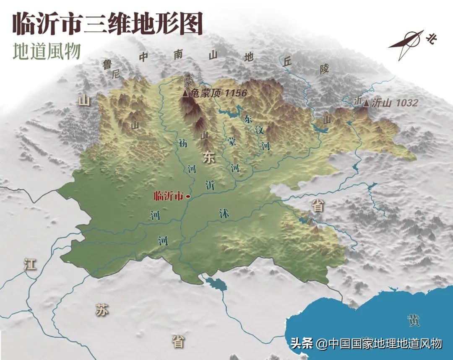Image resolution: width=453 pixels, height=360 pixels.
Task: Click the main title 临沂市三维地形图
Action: (x=107, y=23)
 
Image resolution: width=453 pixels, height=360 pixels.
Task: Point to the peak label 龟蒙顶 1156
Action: (x=219, y=93)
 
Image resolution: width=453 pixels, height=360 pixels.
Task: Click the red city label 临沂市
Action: (x=169, y=196)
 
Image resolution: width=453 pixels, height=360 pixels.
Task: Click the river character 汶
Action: (x=260, y=130)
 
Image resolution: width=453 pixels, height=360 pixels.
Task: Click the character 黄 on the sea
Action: (x=413, y=321)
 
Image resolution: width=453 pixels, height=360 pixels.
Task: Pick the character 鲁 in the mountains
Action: (x=107, y=64)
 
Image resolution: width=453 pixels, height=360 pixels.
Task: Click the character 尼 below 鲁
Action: (x=116, y=74)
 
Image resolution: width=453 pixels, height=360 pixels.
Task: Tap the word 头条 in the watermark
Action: (x=302, y=344)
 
